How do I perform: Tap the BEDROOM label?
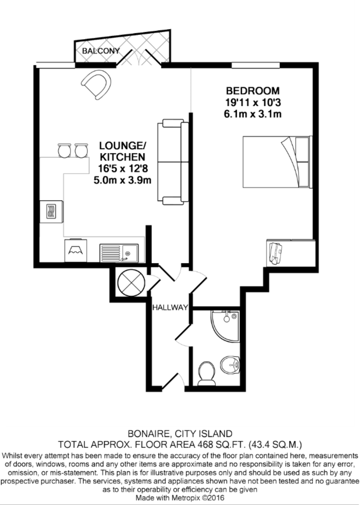coord(253,90)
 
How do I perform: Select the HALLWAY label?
coord(170,308)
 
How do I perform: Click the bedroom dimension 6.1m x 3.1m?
coord(253,114)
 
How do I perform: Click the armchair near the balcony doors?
coord(97,83)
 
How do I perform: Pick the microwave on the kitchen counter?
coord(51,211)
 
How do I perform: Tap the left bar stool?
coord(64,150)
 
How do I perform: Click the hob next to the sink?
coord(76,251)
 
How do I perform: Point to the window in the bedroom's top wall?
coord(255,65)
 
